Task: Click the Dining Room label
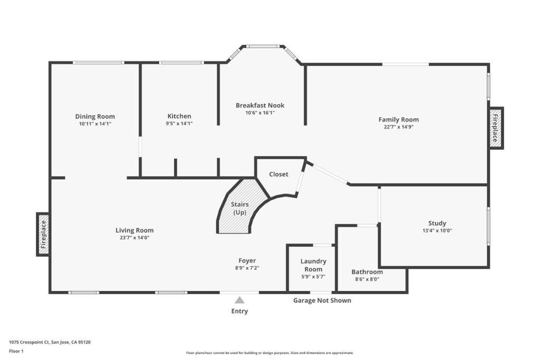[95, 116]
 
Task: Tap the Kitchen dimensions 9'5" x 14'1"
[179, 123]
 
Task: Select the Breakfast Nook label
[260, 105]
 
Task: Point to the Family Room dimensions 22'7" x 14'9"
[399, 127]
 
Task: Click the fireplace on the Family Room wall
[496, 128]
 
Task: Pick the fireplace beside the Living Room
[43, 234]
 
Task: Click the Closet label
[278, 174]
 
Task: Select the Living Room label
[134, 230]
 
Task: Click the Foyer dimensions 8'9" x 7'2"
[247, 268]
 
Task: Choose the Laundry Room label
[313, 265]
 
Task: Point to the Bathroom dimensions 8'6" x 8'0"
[367, 279]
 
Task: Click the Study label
[437, 223]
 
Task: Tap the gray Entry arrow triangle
[239, 300]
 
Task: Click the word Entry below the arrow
[239, 311]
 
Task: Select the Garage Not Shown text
[322, 300]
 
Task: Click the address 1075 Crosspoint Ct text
[50, 342]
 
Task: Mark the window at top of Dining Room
[98, 63]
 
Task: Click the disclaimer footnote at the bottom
[269, 353]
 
